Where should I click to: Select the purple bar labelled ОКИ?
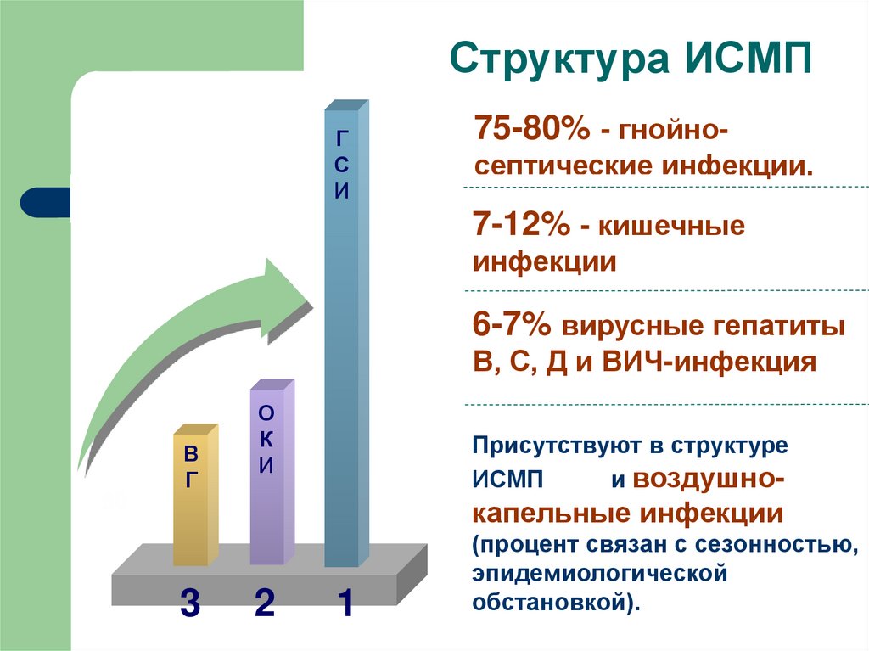[267, 492]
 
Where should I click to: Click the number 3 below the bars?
[190, 603]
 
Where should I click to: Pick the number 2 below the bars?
[265, 603]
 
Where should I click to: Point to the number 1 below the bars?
[345, 603]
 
